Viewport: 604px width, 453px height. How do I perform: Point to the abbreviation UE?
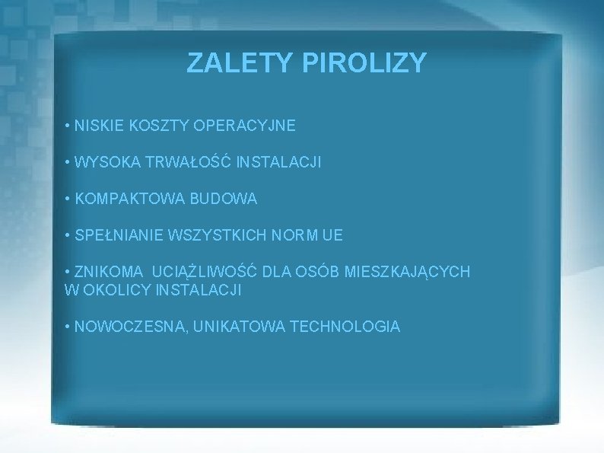(x=332, y=236)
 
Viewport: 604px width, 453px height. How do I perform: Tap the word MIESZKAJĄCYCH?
(x=408, y=272)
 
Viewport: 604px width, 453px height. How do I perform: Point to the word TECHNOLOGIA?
(x=345, y=327)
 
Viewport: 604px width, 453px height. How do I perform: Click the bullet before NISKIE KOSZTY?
(x=68, y=126)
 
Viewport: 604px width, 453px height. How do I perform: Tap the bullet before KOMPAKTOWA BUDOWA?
(x=68, y=199)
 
